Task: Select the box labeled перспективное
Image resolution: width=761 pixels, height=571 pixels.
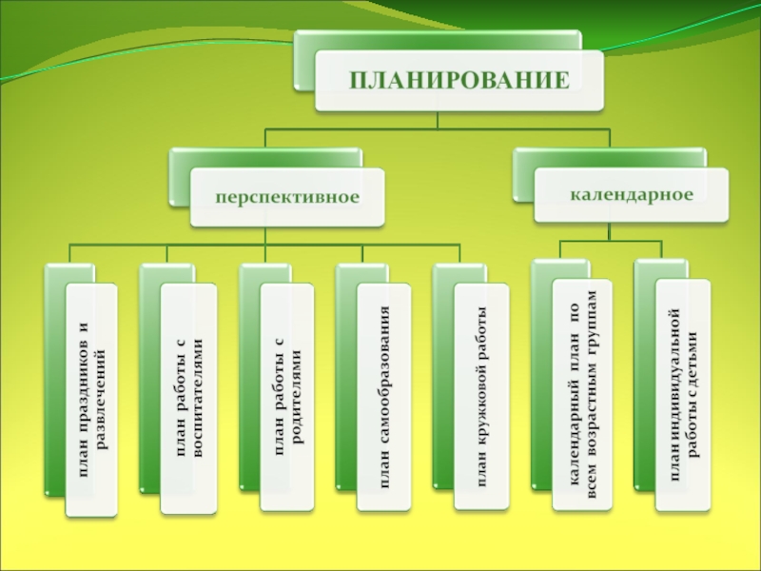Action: click(285, 197)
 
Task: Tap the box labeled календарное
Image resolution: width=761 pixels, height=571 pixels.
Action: click(632, 194)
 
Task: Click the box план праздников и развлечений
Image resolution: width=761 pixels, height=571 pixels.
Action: click(91, 400)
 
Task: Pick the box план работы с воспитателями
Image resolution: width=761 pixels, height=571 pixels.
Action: click(187, 400)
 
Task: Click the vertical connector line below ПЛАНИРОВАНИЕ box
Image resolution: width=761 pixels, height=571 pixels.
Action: click(437, 121)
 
